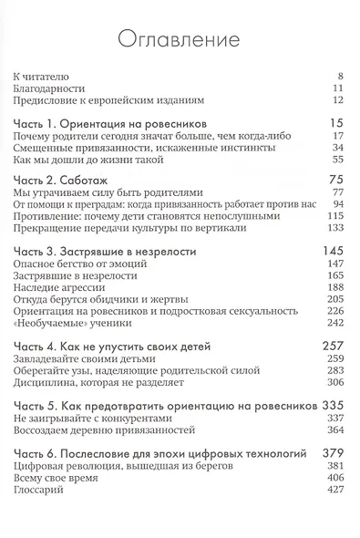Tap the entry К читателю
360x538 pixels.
click(x=45, y=74)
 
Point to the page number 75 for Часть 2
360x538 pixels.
click(x=333, y=180)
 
